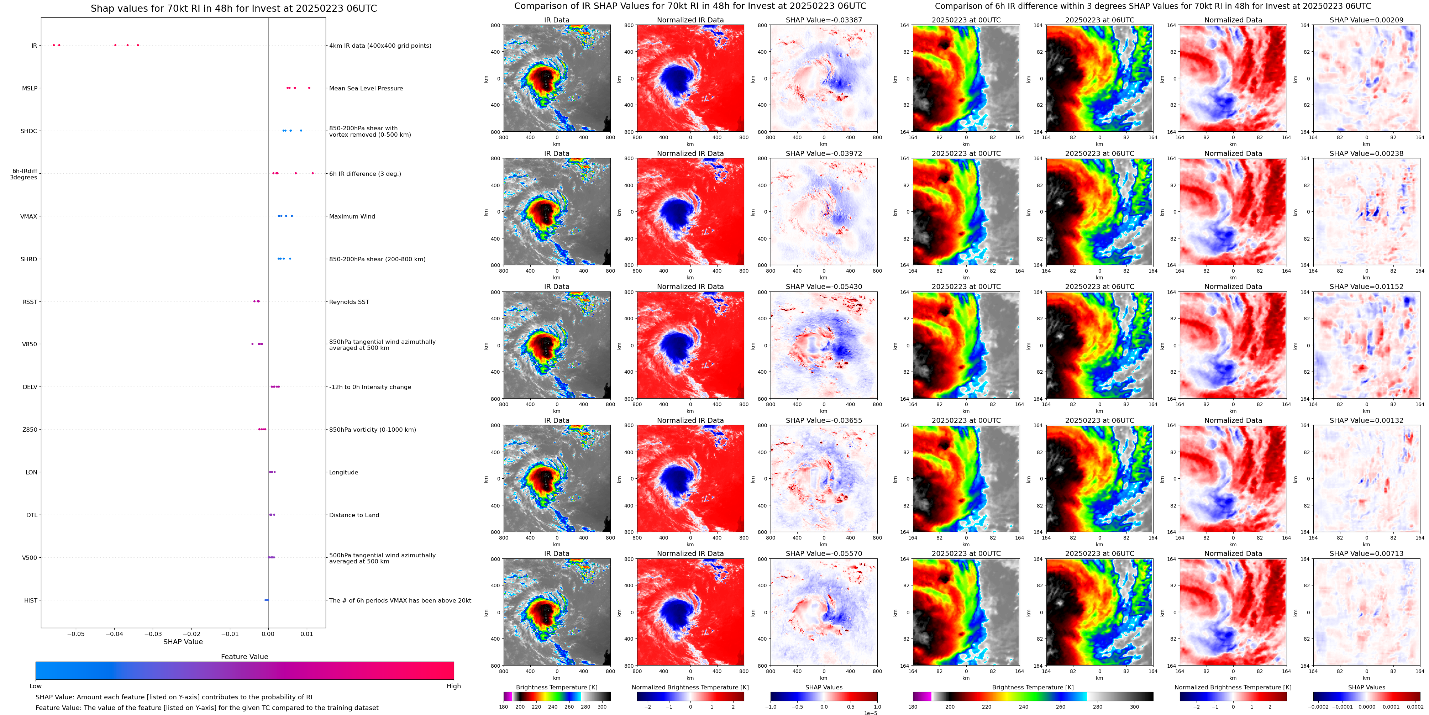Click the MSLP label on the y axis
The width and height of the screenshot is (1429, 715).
30,88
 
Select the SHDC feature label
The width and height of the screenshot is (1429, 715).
29,131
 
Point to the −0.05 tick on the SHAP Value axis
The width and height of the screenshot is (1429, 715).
76,634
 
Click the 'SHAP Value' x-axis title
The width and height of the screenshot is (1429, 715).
183,642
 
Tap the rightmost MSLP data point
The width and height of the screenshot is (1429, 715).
309,88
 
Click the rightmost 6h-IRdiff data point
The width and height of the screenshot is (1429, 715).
312,173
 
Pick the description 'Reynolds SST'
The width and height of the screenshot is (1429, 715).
349,302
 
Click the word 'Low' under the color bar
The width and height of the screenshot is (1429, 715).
36,686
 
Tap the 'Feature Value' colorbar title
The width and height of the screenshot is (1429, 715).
244,657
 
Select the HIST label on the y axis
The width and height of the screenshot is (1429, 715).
31,600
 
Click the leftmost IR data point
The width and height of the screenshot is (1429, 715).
54,45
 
